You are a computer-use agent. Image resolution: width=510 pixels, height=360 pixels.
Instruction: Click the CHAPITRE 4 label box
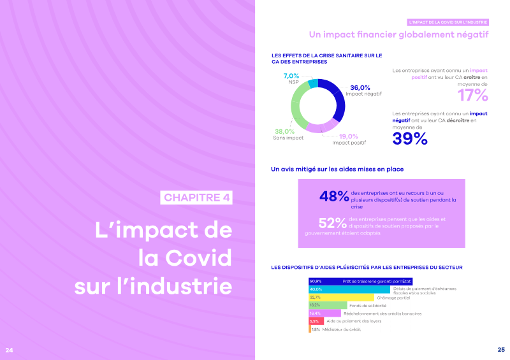pyautogui.click(x=196, y=197)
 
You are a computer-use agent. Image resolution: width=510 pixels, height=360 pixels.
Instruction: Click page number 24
pyautogui.click(x=9, y=350)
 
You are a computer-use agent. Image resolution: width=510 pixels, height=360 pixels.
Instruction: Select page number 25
pyautogui.click(x=500, y=350)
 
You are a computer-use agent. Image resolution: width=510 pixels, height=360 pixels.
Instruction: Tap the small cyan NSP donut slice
pyautogui.click(x=313, y=83)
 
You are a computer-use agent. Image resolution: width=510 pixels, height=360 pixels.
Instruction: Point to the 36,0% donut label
pyautogui.click(x=360, y=87)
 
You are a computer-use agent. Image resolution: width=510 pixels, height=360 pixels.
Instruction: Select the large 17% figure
pyautogui.click(x=472, y=96)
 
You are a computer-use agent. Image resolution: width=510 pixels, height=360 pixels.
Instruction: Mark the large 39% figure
pyautogui.click(x=410, y=139)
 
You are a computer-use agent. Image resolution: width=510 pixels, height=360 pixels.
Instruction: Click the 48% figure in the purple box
pyautogui.click(x=334, y=196)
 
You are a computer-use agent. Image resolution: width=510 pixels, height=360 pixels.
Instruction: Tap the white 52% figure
pyautogui.click(x=332, y=223)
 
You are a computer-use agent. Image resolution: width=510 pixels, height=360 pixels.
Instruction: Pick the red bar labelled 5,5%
pyautogui.click(x=312, y=321)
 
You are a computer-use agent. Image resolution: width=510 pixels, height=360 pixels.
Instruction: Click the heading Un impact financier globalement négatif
pyautogui.click(x=398, y=34)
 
